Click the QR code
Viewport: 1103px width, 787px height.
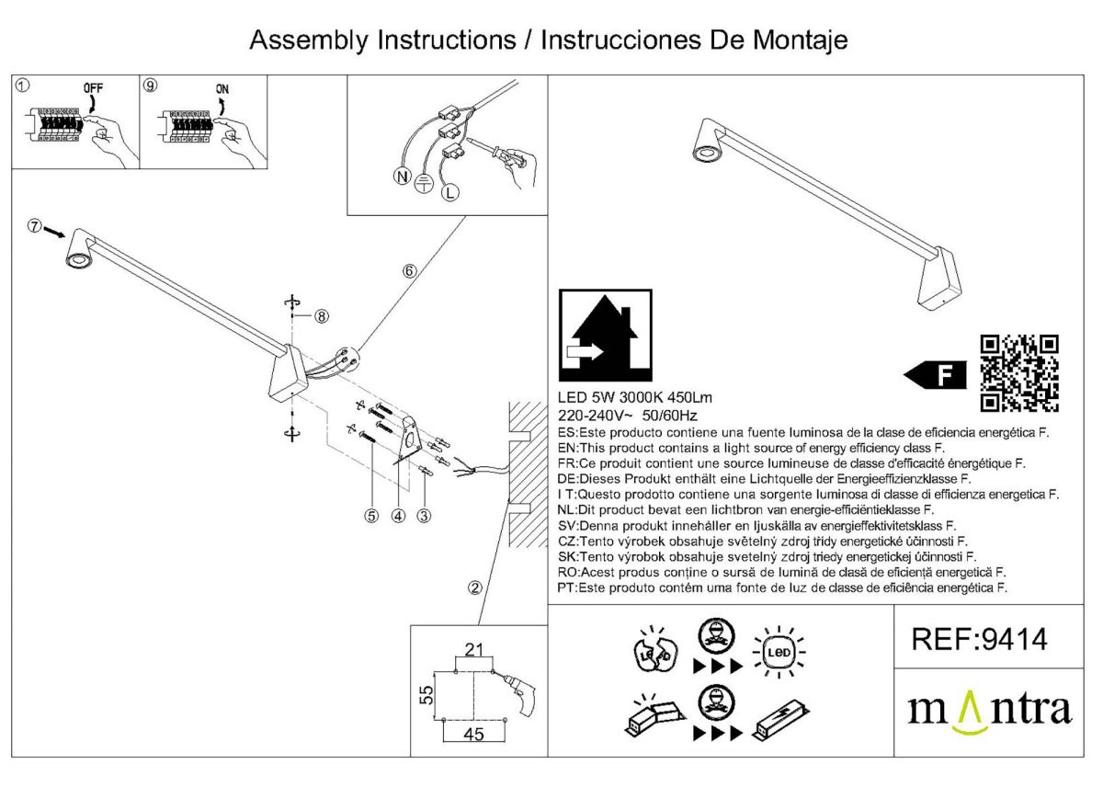(1020, 372)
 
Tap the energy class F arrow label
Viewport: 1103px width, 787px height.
(936, 374)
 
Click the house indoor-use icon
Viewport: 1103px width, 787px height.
(606, 336)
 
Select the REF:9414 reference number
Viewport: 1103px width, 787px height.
(979, 638)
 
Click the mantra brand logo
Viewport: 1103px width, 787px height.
(989, 712)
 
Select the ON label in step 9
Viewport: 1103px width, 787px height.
(222, 88)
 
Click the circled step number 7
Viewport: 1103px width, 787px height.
(34, 226)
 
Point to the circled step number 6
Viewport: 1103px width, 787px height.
(410, 270)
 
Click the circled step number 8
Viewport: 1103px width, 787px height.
(321, 315)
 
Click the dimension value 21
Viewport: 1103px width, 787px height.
(474, 651)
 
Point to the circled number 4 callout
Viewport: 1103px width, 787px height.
(398, 516)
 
